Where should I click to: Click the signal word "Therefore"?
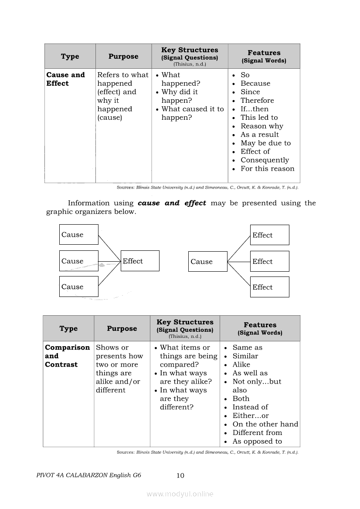pyautogui.click(x=257, y=101)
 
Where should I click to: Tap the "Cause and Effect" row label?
pyautogui.click(x=65, y=79)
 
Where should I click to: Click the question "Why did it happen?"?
pyautogui.click(x=180, y=96)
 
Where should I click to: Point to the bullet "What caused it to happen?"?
pyautogui.click(x=192, y=113)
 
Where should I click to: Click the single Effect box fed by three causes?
pyautogui.click(x=140, y=261)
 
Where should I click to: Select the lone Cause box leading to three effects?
pyautogui.click(x=207, y=262)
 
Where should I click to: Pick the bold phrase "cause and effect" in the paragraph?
pyautogui.click(x=172, y=203)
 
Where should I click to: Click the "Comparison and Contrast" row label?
pyautogui.click(x=67, y=356)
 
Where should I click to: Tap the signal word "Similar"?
pyautogui.click(x=245, y=356)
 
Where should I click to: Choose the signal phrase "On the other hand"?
pyautogui.click(x=265, y=424)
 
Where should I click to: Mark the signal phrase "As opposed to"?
pyautogui.click(x=257, y=442)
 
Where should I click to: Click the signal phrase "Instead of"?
pyautogui.click(x=250, y=407)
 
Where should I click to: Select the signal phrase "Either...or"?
pyautogui.click(x=251, y=416)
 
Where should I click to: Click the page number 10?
pyautogui.click(x=180, y=475)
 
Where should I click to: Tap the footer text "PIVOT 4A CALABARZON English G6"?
pyautogui.click(x=89, y=475)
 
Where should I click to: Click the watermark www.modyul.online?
pyautogui.click(x=180, y=494)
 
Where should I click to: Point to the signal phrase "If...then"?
pyautogui.click(x=255, y=109)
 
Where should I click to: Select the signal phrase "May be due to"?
pyautogui.click(x=265, y=143)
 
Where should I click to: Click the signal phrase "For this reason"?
pyautogui.click(x=267, y=169)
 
